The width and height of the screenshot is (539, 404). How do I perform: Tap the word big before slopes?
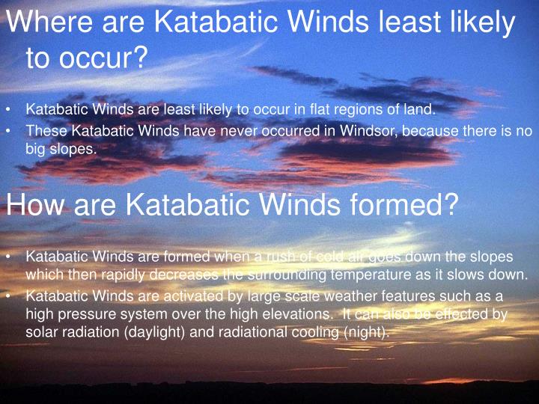pyautogui.click(x=37, y=148)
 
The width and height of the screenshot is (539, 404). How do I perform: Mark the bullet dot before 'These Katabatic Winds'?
pyautogui.click(x=9, y=130)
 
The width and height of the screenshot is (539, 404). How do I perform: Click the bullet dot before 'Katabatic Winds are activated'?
pyautogui.click(x=9, y=296)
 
